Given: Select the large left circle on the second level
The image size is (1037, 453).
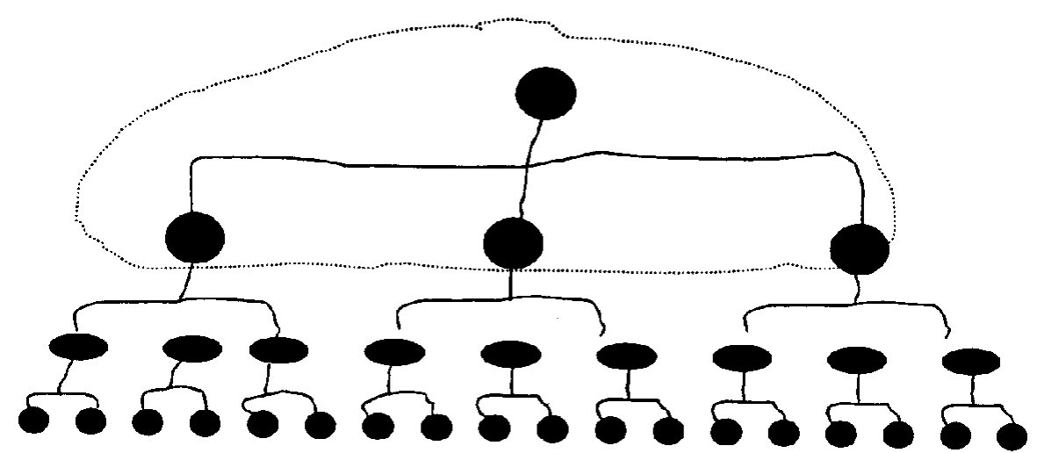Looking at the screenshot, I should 194,237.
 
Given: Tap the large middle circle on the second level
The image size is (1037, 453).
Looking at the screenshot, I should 513,243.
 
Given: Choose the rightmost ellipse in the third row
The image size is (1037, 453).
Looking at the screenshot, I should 970,361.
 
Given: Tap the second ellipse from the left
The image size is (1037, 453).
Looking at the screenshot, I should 192,349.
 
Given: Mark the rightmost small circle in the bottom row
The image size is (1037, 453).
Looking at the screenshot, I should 1012,435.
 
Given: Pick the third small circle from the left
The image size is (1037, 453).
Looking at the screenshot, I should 148,422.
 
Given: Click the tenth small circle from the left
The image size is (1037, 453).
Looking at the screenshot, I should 552,429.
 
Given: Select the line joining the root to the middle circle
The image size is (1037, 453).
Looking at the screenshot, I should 530,167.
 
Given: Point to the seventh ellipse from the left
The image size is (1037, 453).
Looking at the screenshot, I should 742,357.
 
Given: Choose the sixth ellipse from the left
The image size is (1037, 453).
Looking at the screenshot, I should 625,356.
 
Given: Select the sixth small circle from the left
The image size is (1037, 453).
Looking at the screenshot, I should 320,425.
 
